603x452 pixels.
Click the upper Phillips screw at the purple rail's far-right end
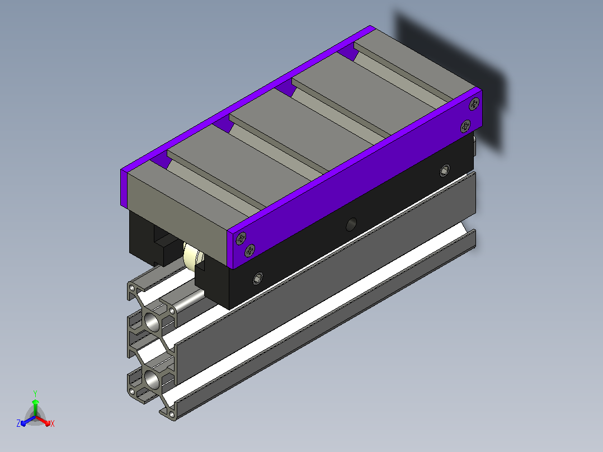point(474,104)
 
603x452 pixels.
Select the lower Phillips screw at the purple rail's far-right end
point(465,126)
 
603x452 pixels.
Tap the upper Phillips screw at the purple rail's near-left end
point(241,238)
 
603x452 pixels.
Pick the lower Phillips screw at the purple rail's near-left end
point(249,251)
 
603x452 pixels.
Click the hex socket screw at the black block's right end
point(445,171)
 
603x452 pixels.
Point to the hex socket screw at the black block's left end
point(258,277)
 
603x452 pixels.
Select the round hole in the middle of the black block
point(351,224)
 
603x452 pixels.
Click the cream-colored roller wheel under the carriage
point(192,257)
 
